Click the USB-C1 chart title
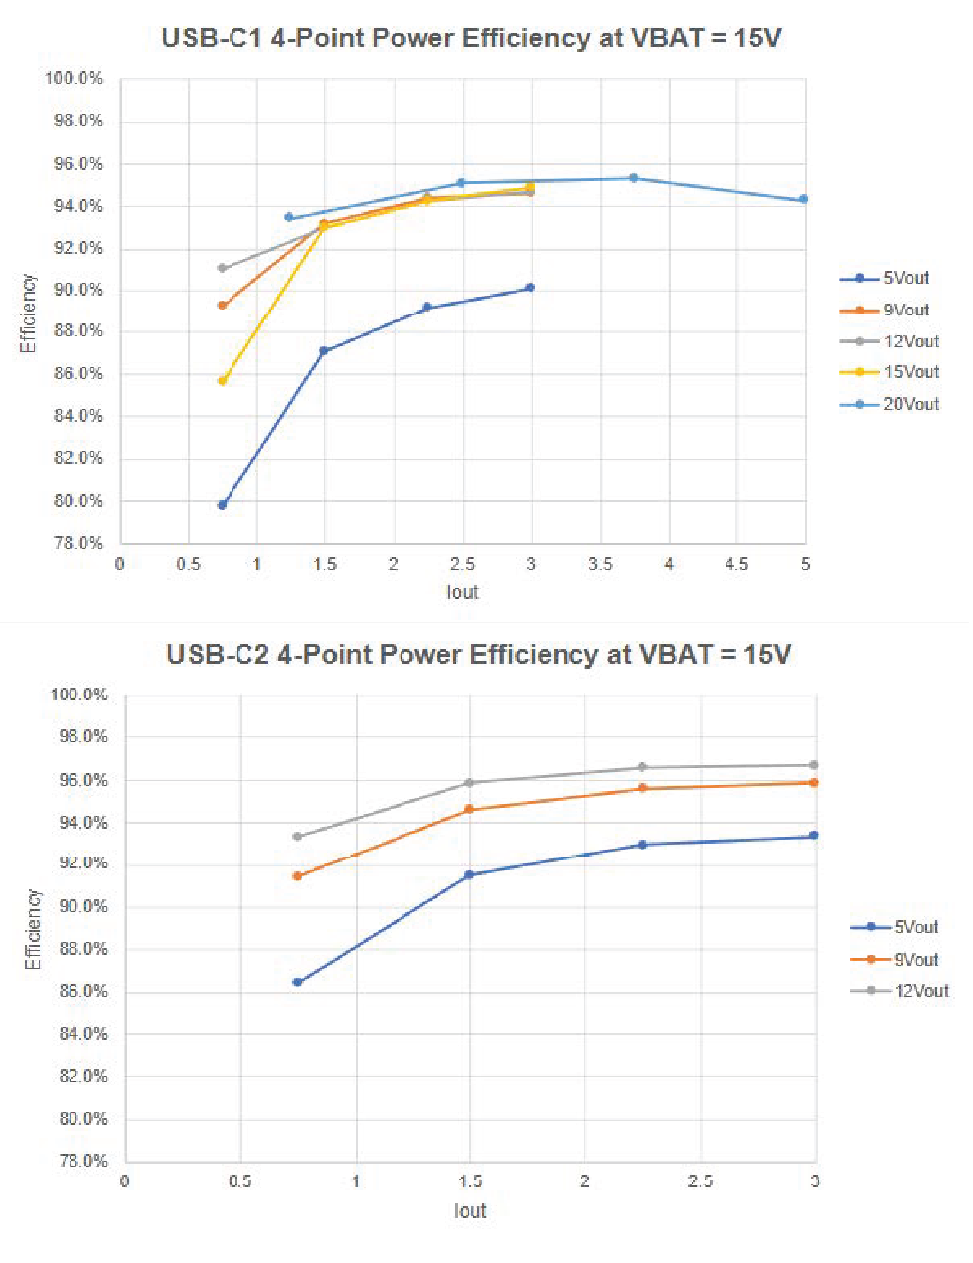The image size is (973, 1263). tap(471, 38)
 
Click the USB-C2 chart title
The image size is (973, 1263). tap(478, 654)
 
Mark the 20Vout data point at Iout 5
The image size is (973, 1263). tap(803, 199)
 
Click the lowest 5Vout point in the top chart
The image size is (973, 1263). tap(223, 505)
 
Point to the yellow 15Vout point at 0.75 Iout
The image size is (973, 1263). tap(223, 381)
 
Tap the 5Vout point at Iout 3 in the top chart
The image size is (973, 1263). tap(530, 287)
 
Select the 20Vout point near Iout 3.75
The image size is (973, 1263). tap(633, 178)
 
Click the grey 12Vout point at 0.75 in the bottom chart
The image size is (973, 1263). tap(297, 836)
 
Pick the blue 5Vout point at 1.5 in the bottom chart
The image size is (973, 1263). tap(469, 874)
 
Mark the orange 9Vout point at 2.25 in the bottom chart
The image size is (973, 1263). tap(642, 788)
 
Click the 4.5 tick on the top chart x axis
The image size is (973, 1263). tap(736, 564)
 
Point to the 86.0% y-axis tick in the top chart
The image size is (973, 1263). tap(78, 374)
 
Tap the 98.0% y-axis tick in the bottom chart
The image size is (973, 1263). tap(84, 736)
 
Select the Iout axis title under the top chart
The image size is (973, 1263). tap(463, 592)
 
